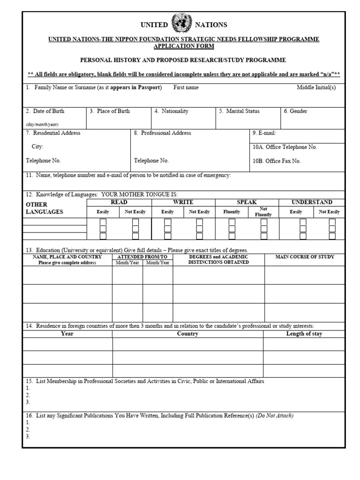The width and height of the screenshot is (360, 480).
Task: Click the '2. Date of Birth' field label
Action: (45, 112)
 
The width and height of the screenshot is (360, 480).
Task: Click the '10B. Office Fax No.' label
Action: (277, 161)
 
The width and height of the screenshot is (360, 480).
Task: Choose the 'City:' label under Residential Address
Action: (37, 147)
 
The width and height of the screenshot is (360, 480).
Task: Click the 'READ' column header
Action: (119, 202)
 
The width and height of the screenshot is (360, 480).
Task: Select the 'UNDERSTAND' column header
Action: (312, 202)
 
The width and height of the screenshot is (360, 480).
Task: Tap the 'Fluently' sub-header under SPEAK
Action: (232, 212)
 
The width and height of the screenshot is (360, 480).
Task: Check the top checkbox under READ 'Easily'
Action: (103, 222)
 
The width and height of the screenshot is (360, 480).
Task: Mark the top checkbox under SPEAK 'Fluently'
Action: (232, 222)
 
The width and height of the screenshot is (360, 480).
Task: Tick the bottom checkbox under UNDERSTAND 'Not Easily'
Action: (332, 236)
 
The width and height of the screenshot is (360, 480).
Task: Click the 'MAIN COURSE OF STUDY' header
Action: (305, 257)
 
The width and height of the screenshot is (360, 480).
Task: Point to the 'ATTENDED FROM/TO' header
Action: (142, 257)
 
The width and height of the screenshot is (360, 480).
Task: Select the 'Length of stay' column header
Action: (304, 334)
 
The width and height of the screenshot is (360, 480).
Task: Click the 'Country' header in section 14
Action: (187, 334)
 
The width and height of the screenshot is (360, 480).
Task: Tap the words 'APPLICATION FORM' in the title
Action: (184, 46)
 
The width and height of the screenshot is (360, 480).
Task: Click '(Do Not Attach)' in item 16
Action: (275, 416)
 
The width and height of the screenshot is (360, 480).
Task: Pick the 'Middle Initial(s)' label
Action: (316, 88)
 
